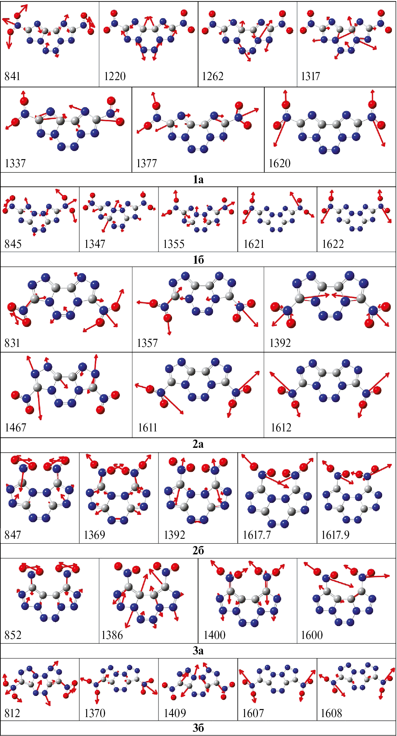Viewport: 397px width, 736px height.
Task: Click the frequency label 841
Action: tap(12, 76)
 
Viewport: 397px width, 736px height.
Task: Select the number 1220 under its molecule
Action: tap(115, 76)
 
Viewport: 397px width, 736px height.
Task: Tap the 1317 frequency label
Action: tap(311, 76)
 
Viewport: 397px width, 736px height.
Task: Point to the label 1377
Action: tap(147, 164)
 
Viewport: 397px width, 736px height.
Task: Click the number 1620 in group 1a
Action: tap(279, 164)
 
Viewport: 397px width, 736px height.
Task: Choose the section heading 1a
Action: tap(198, 179)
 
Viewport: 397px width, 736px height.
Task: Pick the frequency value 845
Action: tap(13, 244)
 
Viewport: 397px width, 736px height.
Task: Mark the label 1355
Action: tap(174, 244)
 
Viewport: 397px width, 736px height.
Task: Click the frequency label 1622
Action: tap(333, 244)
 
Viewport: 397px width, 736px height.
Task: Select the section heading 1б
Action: tap(198, 260)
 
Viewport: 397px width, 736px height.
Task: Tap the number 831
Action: tap(12, 343)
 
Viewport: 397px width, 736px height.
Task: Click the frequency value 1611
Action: tap(147, 428)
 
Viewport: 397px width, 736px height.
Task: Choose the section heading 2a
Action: tap(198, 444)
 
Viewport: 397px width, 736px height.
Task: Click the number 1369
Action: tap(94, 535)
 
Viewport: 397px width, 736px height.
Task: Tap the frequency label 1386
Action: tap(112, 635)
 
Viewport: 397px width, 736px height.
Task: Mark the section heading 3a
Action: tap(198, 651)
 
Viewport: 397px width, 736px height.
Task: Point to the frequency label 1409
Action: tap(175, 713)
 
